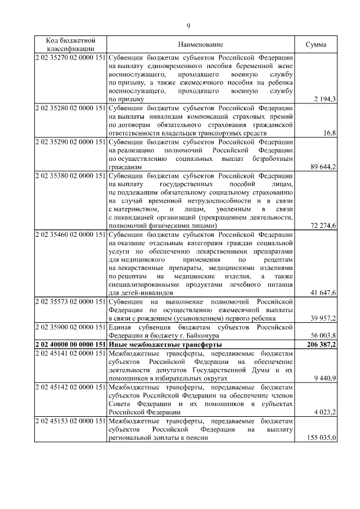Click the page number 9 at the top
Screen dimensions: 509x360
click(x=188, y=25)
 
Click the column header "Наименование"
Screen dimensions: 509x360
click(x=201, y=44)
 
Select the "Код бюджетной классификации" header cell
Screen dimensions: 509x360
click(x=70, y=44)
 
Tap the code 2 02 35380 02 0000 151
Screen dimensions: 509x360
click(x=70, y=177)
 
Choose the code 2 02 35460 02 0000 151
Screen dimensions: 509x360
click(x=70, y=235)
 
